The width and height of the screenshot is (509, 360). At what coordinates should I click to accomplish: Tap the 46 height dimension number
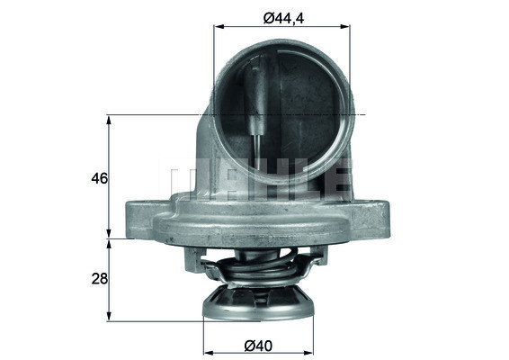(100, 178)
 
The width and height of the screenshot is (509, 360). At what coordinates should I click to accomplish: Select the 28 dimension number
(100, 279)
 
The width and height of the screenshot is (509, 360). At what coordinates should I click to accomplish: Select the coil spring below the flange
(261, 268)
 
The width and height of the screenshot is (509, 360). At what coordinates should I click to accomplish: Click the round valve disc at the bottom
(262, 304)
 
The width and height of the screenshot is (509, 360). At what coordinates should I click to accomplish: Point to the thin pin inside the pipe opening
(258, 117)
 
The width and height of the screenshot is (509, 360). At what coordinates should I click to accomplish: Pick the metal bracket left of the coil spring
(194, 260)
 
